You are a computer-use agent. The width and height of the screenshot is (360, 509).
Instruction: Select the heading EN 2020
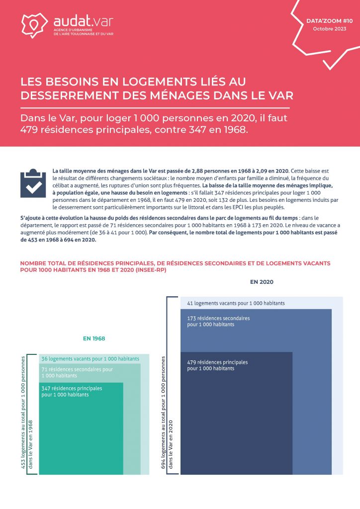(262, 282)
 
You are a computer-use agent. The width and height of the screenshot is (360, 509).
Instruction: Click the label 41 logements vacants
(236, 303)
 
